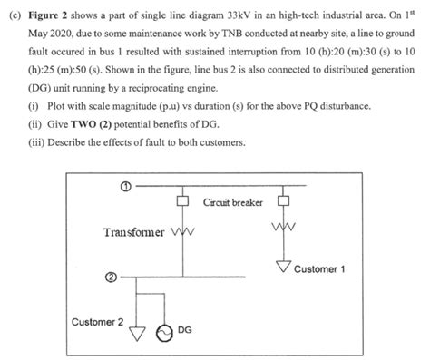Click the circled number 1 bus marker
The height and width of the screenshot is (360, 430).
point(124,187)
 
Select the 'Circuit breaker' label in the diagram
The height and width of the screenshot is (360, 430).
point(232,201)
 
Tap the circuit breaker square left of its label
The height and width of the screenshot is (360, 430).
point(182,201)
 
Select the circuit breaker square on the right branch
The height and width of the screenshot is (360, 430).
point(284,201)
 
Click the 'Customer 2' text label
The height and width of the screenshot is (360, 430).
point(99,321)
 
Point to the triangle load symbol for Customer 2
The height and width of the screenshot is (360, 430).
point(137,333)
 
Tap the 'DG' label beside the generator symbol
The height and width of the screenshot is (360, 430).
point(184,329)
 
